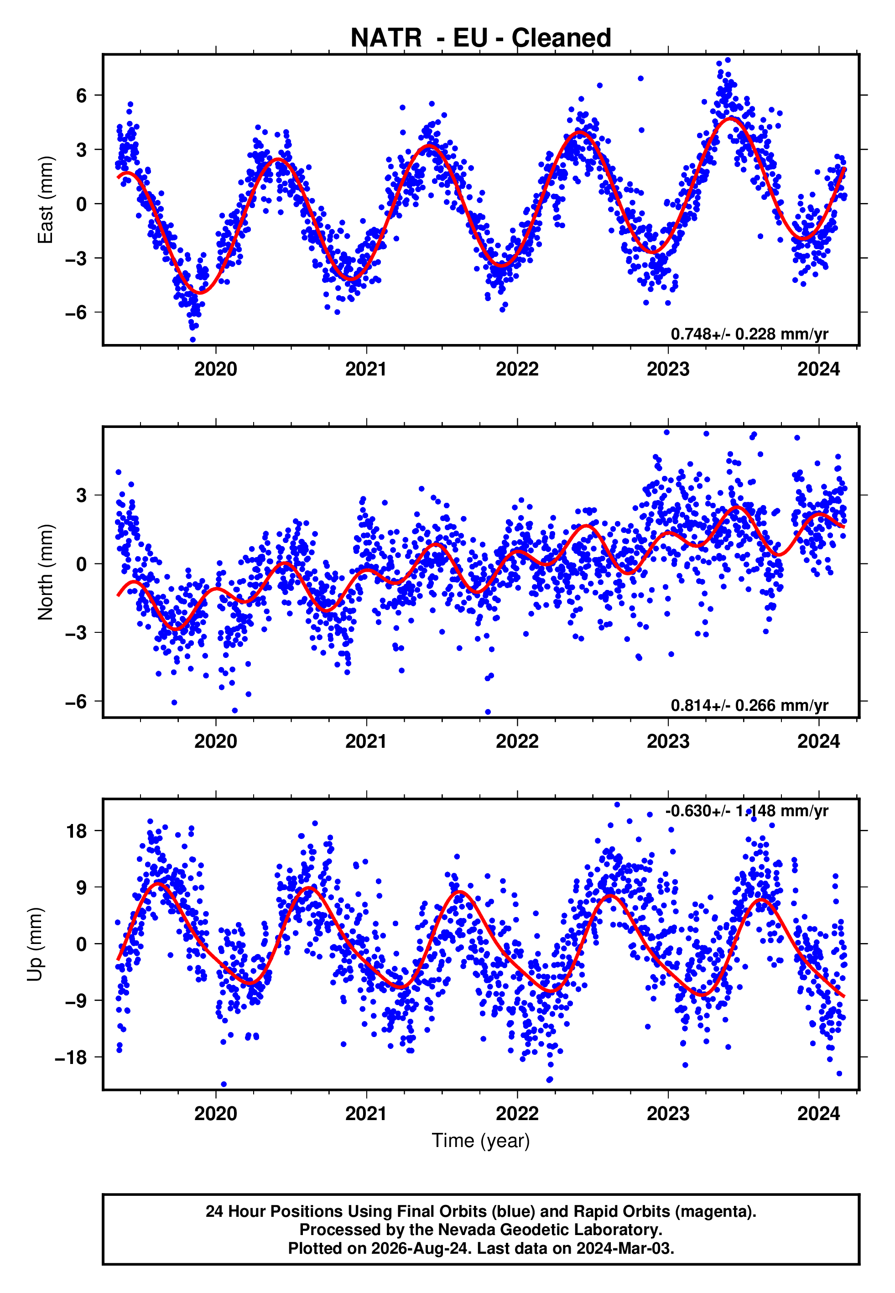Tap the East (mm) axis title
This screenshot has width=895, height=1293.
click(46, 200)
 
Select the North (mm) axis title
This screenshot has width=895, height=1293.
click(46, 572)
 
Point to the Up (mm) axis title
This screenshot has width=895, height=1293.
click(35, 944)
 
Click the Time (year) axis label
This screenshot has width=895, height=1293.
click(481, 1141)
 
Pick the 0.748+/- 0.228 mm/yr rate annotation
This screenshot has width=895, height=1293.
click(749, 334)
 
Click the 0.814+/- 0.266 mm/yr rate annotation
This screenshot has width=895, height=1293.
click(749, 705)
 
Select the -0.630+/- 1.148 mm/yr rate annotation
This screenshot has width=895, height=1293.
click(746, 811)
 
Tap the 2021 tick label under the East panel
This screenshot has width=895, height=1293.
click(366, 369)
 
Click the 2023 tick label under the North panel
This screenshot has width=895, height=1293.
click(668, 741)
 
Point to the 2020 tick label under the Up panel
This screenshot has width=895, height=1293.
click(216, 1113)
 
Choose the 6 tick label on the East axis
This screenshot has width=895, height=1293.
click(82, 96)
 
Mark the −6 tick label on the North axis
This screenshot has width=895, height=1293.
click(76, 701)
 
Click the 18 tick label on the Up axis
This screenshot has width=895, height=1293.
click(77, 831)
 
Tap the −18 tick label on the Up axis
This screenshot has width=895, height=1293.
click(71, 1058)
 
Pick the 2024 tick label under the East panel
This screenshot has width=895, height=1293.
click(819, 369)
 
